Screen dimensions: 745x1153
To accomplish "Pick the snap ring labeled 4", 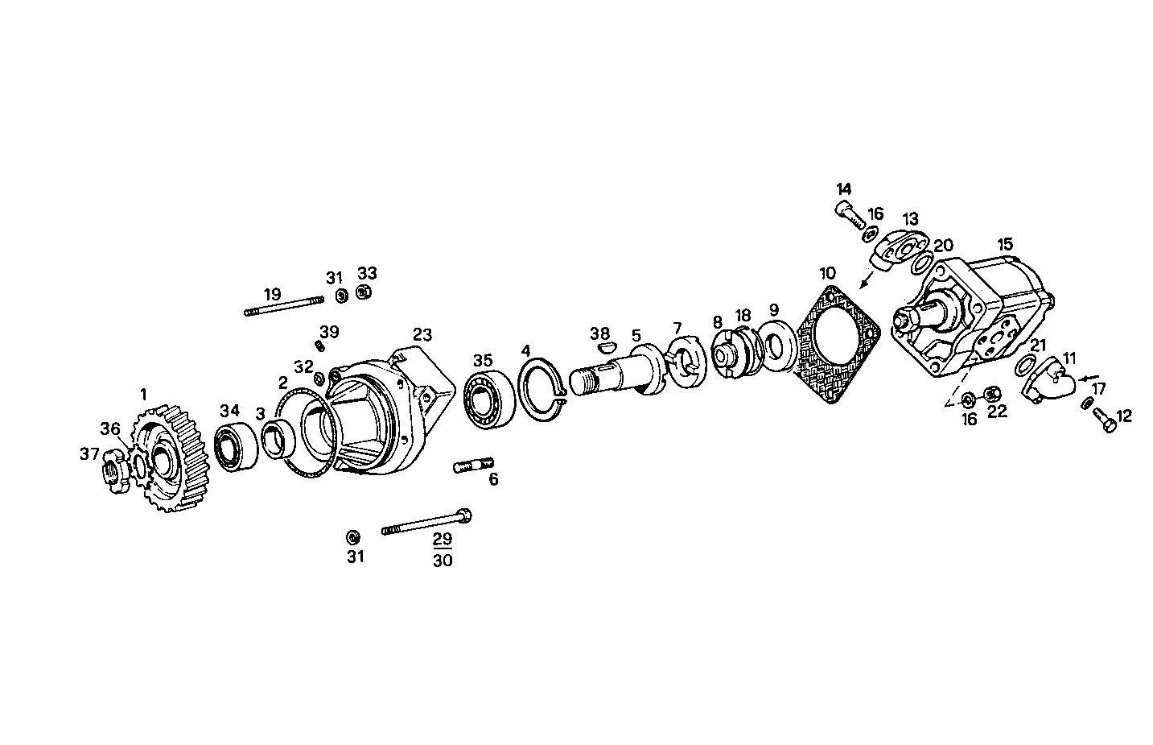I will click(541, 391).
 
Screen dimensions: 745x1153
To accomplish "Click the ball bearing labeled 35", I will click(488, 399).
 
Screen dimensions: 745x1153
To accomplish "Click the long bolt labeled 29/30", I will click(427, 523).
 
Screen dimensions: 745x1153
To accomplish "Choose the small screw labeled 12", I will click(1105, 420).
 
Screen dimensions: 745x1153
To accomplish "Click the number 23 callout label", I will click(422, 334).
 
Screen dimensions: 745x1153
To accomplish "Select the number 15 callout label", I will click(1005, 243).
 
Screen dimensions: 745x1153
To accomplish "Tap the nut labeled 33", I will click(363, 293).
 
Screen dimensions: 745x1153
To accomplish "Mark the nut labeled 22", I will click(992, 394).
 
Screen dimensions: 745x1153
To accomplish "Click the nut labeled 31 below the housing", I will click(352, 537).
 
